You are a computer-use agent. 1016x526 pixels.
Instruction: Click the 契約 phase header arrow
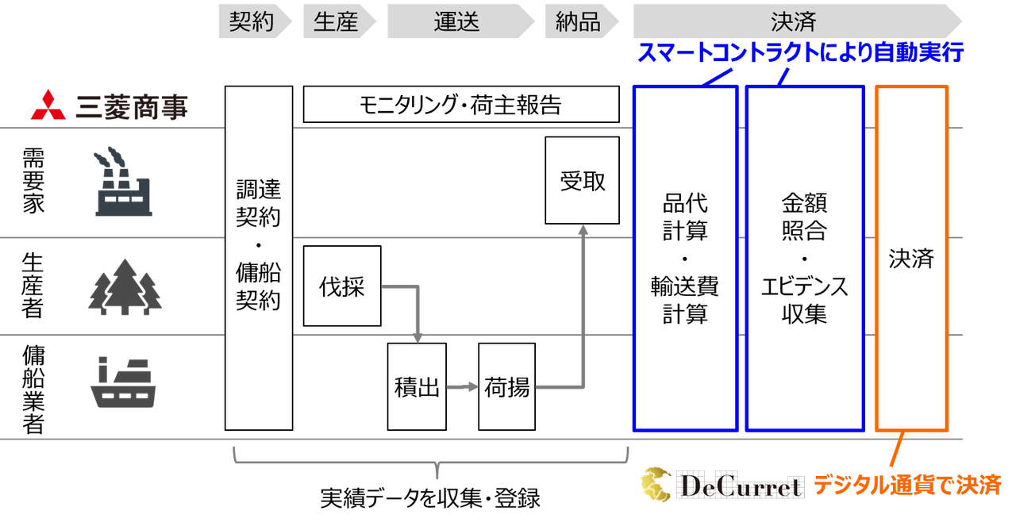pos(255,21)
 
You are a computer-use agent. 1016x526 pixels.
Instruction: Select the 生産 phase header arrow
pos(339,21)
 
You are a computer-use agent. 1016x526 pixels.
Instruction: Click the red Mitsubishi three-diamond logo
pos(48,106)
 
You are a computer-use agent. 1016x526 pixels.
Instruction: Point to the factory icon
pos(123,182)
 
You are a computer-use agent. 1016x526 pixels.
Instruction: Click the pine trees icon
pos(125,287)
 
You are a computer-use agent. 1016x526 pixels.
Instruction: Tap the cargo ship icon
pos(123,382)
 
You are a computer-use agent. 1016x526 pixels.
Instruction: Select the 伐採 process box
pos(342,286)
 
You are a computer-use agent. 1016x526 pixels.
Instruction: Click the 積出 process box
pos(417,386)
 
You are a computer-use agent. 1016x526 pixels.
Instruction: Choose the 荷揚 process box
pos(506,386)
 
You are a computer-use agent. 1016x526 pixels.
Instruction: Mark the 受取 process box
pos(582,180)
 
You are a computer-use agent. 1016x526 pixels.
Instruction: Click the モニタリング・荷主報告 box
pos(461,104)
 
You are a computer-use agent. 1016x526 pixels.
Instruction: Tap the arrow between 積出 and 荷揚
pos(462,387)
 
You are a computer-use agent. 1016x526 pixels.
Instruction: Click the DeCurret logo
pos(722,485)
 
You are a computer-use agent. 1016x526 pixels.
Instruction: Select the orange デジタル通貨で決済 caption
pos(907,486)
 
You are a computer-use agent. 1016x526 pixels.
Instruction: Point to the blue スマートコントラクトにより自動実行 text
pos(801,52)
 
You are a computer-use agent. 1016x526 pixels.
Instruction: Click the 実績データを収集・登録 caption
pos(430,498)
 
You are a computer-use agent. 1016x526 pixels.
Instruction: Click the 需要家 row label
pos(33,180)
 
